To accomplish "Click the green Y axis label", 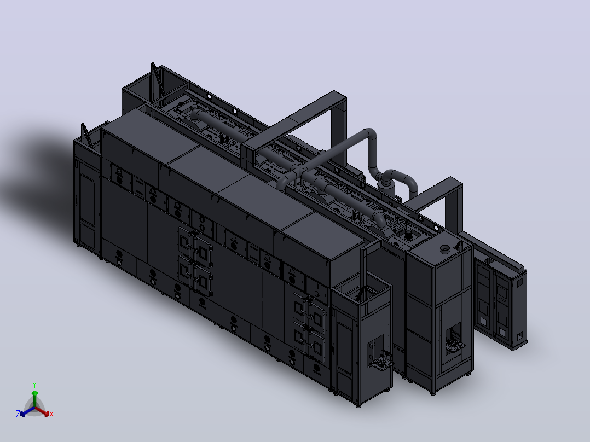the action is pyautogui.click(x=34, y=385).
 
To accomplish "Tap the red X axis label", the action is pyautogui.click(x=51, y=414).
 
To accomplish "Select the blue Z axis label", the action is pyautogui.click(x=18, y=414).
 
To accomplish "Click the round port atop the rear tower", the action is pyautogui.click(x=445, y=249).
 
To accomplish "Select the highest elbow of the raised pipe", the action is pyautogui.click(x=370, y=135).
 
